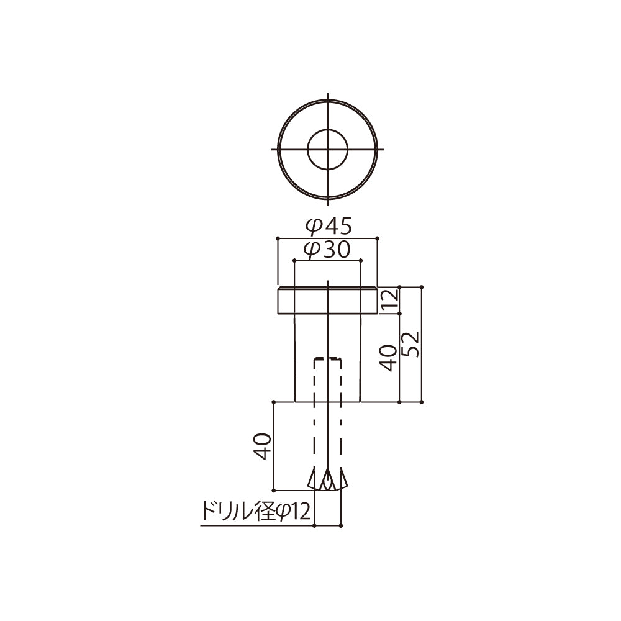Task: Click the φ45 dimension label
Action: (x=329, y=227)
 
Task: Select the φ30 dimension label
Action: (x=327, y=250)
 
